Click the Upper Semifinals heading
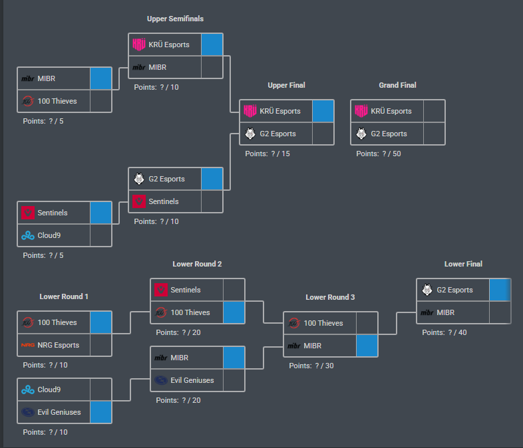(175, 19)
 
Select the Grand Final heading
(397, 85)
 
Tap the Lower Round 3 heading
(330, 297)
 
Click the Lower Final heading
(463, 264)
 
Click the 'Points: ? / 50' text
(379, 154)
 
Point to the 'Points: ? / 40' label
(444, 332)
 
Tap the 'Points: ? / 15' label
(267, 154)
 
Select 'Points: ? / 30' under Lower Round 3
(311, 366)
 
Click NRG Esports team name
(59, 345)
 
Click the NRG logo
(28, 345)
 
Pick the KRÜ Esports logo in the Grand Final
(361, 111)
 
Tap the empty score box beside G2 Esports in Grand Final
(434, 134)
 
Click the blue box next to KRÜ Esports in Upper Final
(323, 111)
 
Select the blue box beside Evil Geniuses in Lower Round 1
(100, 412)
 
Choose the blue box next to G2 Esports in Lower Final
(500, 290)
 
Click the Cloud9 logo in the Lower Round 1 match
(28, 390)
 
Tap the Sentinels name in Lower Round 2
(186, 290)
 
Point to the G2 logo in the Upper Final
(250, 134)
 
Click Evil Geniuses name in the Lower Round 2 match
(192, 380)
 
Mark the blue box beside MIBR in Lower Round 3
(367, 346)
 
